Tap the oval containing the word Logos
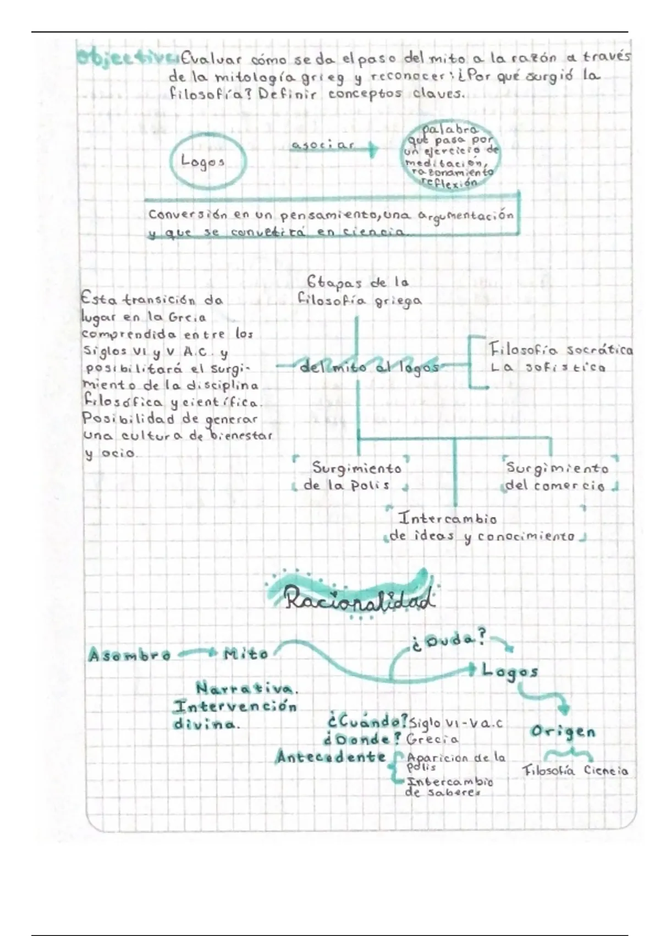(x=207, y=162)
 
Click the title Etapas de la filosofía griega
(x=359, y=291)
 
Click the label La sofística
(x=548, y=367)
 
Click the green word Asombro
(x=129, y=655)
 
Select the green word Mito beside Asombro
(x=246, y=654)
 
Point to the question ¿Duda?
(x=448, y=641)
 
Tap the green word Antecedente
(x=330, y=757)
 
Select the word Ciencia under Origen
(x=606, y=771)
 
